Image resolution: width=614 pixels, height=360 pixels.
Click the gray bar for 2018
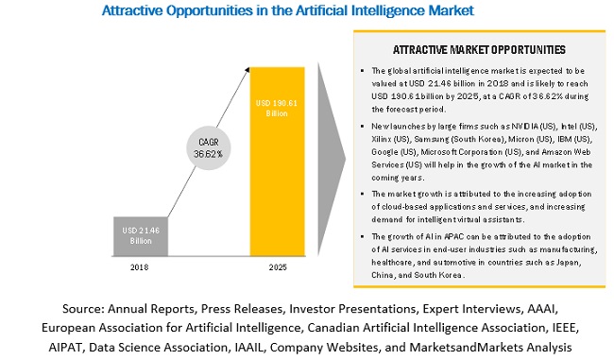click(x=141, y=236)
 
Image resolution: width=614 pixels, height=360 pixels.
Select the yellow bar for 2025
click(x=277, y=162)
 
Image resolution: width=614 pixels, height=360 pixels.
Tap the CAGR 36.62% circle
click(x=209, y=148)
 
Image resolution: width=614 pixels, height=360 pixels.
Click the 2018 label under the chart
click(x=140, y=267)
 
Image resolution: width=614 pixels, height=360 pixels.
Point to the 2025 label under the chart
click(x=278, y=267)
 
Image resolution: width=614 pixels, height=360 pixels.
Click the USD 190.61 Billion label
click(x=277, y=108)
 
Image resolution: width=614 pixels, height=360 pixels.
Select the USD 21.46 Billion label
click(x=141, y=235)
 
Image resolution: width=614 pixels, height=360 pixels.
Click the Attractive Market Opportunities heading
click(x=479, y=50)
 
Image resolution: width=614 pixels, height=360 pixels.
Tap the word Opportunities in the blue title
click(x=209, y=10)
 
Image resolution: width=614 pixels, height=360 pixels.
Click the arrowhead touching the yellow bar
click(x=247, y=70)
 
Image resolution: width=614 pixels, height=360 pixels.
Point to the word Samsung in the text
click(x=432, y=139)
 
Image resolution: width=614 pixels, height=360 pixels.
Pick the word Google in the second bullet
click(x=384, y=152)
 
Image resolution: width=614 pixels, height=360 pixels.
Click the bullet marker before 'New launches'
click(x=363, y=126)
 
